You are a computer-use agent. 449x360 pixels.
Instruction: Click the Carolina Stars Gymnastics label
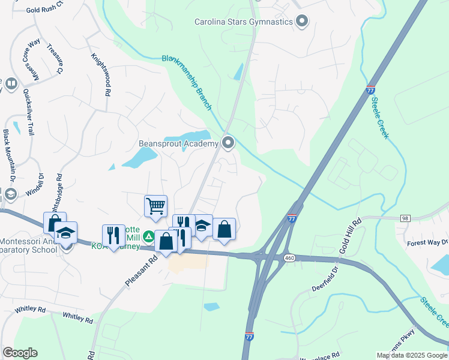(x=243, y=22)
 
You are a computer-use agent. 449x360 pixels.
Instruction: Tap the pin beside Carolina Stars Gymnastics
(x=302, y=22)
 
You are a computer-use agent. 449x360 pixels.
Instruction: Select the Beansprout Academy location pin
(x=228, y=143)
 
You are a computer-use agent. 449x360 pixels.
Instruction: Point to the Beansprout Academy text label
(x=178, y=143)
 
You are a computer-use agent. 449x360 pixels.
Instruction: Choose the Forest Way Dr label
(x=427, y=242)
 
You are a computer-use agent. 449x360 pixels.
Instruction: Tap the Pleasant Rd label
(x=141, y=271)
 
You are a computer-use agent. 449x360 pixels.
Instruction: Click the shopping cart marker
(x=155, y=206)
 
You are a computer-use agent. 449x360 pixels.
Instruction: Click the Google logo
(x=20, y=352)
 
